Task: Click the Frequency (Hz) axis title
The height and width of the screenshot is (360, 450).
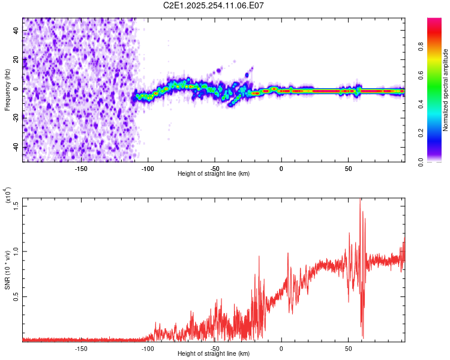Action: (x=8, y=90)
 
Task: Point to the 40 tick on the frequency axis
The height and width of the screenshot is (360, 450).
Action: (x=17, y=31)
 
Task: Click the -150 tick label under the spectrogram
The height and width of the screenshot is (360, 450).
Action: (x=81, y=168)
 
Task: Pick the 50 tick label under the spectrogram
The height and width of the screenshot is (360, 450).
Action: (x=348, y=168)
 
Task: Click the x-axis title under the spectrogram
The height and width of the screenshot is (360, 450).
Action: (x=214, y=174)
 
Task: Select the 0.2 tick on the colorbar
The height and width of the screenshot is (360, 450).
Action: (x=439, y=133)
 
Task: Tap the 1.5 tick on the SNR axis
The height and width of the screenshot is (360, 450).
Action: (x=17, y=205)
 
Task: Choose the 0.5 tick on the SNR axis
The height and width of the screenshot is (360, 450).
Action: (x=17, y=296)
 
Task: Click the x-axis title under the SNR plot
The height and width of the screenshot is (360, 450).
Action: (x=214, y=354)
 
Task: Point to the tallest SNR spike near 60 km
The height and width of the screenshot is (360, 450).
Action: (x=360, y=200)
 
